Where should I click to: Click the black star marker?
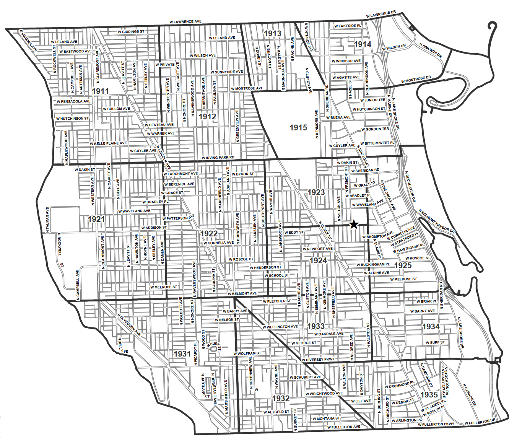coord(354,225)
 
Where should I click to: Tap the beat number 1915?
coord(298,128)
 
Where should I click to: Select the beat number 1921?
coord(96,219)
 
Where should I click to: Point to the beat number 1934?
coord(431,327)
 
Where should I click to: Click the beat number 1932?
coord(281,398)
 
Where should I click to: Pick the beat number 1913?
coord(272,34)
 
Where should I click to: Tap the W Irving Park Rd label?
coord(218,158)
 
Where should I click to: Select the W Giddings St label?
coord(131,32)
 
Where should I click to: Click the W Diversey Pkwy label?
coord(318,360)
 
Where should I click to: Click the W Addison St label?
coord(154,228)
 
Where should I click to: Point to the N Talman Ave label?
coord(47,220)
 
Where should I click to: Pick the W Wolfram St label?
coord(247,353)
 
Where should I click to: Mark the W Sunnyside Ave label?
coord(226,72)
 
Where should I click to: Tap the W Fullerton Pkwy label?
coord(436,424)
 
